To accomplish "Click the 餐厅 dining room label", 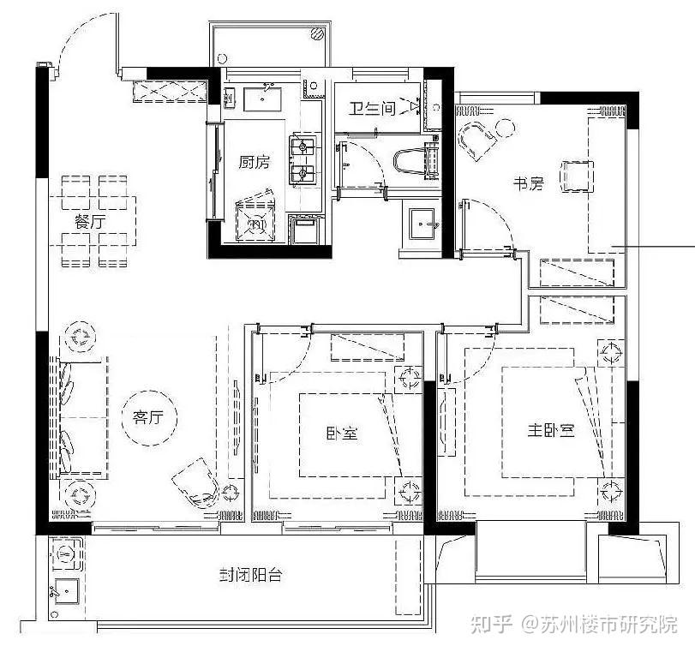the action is click(x=91, y=221).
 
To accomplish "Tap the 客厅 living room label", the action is click(x=148, y=417).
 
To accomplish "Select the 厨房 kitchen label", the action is click(x=254, y=162).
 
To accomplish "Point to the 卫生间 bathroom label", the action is click(x=371, y=109).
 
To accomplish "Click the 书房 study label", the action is click(x=529, y=183).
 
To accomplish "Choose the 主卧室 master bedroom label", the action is click(x=551, y=430).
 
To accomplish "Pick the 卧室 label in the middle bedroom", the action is click(x=342, y=433).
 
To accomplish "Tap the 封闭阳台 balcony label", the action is click(x=250, y=575).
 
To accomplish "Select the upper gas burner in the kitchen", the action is click(x=303, y=146).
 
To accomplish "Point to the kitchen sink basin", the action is click(x=262, y=99).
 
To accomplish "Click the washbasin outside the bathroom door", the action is click(x=422, y=224).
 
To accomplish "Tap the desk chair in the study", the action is click(x=577, y=176).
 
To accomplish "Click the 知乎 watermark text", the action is click(x=491, y=625).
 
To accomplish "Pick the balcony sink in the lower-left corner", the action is click(x=67, y=591).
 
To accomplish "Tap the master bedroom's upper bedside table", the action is click(x=611, y=353).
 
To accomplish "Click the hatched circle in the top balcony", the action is click(x=317, y=33).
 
